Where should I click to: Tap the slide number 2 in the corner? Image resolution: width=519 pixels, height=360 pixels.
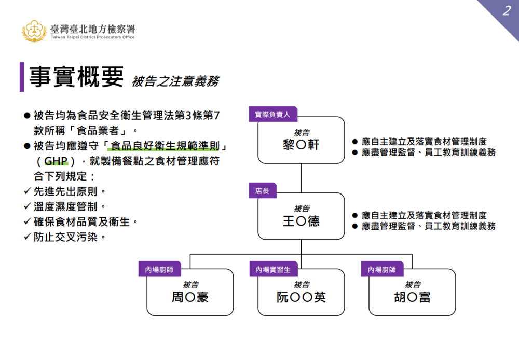(506, 11)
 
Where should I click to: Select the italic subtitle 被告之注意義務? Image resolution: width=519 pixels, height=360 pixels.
(175, 81)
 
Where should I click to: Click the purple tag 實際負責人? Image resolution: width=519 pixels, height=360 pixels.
(272, 114)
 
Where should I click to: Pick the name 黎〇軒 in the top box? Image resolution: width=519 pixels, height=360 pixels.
(301, 145)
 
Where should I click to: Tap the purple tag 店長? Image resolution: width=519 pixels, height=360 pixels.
(262, 191)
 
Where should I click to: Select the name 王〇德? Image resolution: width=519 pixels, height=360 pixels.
(301, 221)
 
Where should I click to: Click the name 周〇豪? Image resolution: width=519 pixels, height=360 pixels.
(190, 298)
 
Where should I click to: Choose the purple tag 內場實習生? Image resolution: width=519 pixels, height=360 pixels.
(273, 270)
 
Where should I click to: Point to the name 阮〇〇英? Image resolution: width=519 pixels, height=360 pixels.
(301, 298)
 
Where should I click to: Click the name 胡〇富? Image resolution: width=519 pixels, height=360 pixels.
(412, 298)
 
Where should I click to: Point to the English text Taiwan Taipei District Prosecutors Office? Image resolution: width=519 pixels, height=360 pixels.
(92, 37)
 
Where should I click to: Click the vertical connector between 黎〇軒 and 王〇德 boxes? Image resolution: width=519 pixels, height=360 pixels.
(301, 178)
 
